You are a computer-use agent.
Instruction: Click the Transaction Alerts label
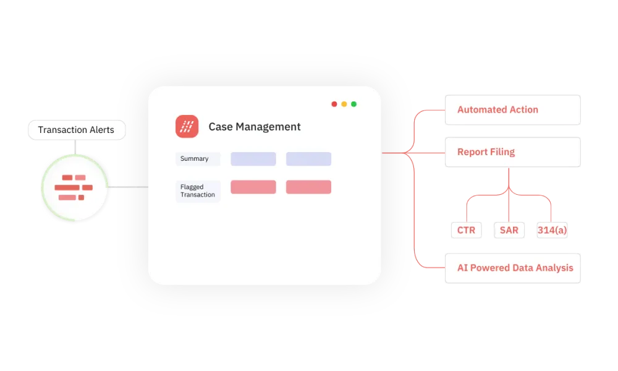tap(76, 130)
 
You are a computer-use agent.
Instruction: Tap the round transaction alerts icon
tap(74, 187)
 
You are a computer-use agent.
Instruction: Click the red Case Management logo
tap(187, 126)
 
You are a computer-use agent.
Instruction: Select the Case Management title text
tap(255, 127)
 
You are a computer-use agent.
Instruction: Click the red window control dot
tap(334, 104)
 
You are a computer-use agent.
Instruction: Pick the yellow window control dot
tap(344, 104)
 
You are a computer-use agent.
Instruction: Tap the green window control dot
tap(354, 104)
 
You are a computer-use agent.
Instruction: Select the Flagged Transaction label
tap(198, 191)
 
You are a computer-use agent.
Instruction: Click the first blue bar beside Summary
tap(253, 159)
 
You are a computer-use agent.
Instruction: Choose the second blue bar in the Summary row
tap(308, 159)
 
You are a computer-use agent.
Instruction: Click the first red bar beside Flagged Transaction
tap(253, 187)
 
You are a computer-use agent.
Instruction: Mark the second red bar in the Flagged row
tap(308, 187)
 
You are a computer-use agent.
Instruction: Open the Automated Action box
tap(513, 110)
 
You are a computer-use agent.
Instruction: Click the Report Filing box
tap(513, 152)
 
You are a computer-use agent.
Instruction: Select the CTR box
tap(467, 231)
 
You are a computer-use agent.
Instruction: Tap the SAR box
tap(509, 231)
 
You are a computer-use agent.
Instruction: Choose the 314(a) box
tap(551, 231)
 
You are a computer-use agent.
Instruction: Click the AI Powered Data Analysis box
tap(513, 268)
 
